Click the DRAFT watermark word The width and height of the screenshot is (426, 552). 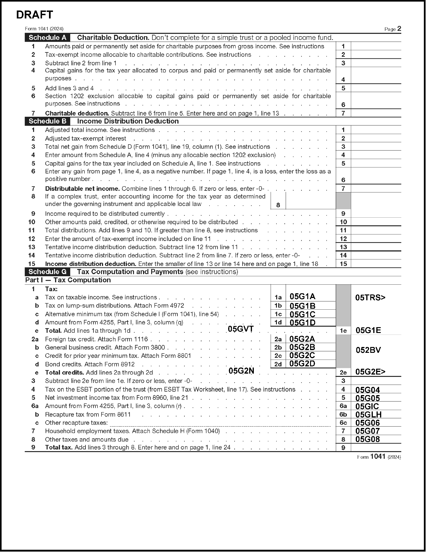pos(35,15)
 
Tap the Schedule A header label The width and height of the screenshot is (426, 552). pos(47,38)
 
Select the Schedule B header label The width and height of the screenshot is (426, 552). pos(47,121)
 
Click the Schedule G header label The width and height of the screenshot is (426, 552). pos(47,272)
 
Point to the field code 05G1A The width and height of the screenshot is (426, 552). pos(302,296)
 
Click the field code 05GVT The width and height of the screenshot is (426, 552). pos(241,329)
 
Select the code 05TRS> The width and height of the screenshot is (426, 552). pos(370,297)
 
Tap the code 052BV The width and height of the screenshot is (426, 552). pos(368,350)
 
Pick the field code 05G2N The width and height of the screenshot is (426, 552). pos(241,371)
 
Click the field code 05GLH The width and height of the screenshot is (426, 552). pos(368,414)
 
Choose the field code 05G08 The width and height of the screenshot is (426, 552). pos(367,439)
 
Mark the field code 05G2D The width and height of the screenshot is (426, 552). pos(302,364)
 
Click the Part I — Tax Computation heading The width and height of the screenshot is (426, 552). pos(68,280)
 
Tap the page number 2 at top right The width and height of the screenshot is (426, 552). pos(399,28)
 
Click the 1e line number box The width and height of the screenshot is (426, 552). pos(343,331)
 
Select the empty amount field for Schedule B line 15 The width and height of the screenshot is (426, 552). pos(376,264)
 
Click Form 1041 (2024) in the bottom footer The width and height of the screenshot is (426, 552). pos(379,457)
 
